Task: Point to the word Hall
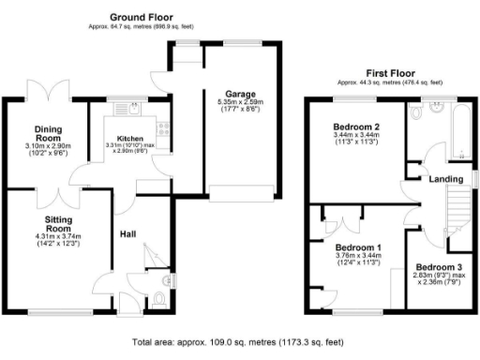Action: (x=129, y=233)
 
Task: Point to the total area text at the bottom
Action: (x=239, y=342)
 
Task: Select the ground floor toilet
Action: (x=158, y=300)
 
